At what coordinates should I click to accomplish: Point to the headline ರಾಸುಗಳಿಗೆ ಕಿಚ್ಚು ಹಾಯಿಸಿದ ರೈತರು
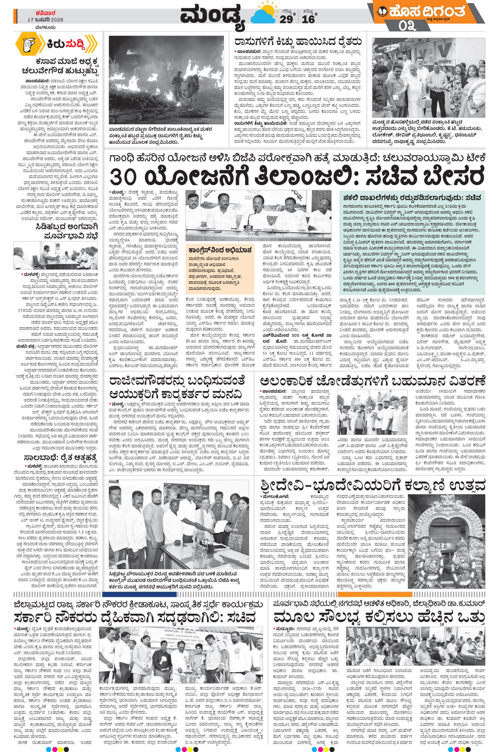tap(298, 42)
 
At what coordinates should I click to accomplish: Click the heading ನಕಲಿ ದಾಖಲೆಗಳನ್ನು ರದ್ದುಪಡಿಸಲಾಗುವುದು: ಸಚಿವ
tap(410, 197)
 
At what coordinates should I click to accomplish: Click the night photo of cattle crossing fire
tap(166, 79)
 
